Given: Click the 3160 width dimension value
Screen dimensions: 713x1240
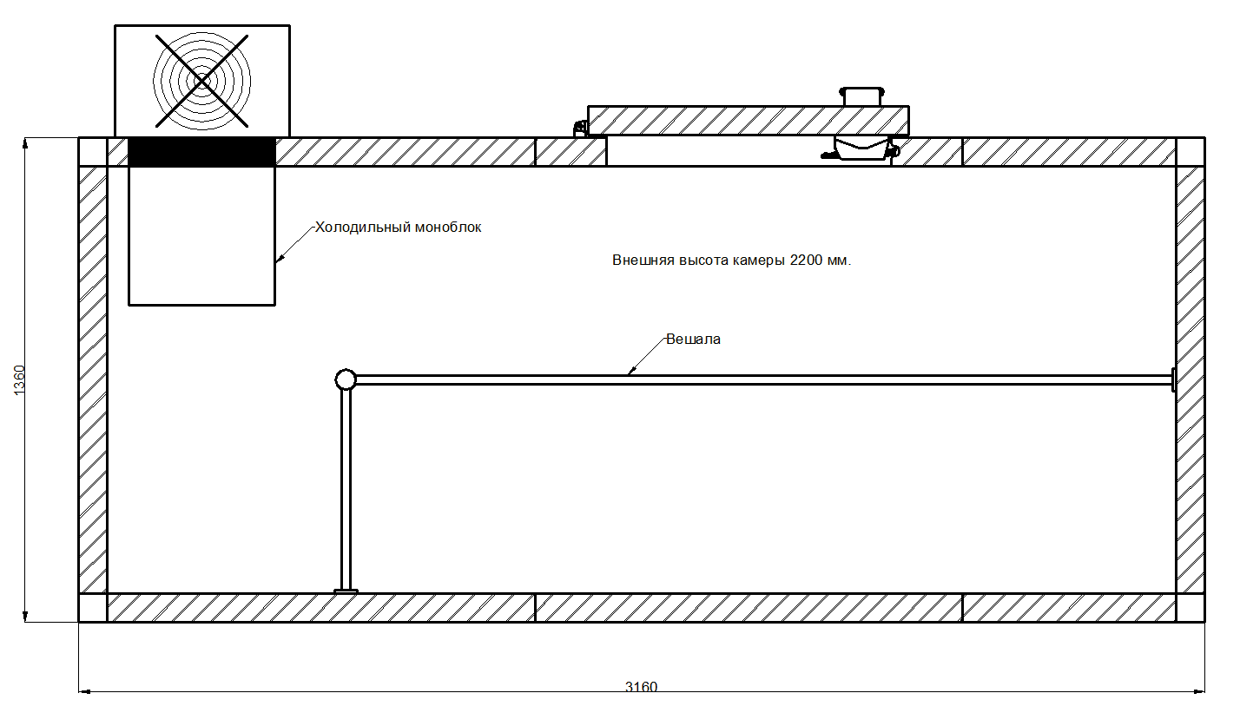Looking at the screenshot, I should [642, 687].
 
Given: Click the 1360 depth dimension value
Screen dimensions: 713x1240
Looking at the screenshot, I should [20, 380].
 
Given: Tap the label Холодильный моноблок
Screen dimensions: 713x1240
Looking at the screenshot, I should [398, 228].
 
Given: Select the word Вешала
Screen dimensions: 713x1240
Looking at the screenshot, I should [693, 340].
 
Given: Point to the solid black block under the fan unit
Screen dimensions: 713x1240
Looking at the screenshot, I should [201, 152].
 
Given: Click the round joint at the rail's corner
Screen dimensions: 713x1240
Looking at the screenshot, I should [346, 380].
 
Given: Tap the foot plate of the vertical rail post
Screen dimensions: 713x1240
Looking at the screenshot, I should [346, 591].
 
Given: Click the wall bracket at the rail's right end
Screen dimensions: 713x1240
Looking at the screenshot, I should [1173, 380].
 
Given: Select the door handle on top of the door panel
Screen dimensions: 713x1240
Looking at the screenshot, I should [862, 95].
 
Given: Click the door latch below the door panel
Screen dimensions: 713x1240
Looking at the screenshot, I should [861, 149].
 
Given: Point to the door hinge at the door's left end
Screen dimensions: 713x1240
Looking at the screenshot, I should [580, 128].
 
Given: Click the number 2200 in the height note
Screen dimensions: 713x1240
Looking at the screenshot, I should [805, 261].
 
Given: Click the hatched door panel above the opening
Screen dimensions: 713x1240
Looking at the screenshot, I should [747, 121].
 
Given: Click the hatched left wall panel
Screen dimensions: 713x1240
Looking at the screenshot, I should [93, 380].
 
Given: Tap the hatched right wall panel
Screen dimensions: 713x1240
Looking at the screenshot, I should [1191, 380].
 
